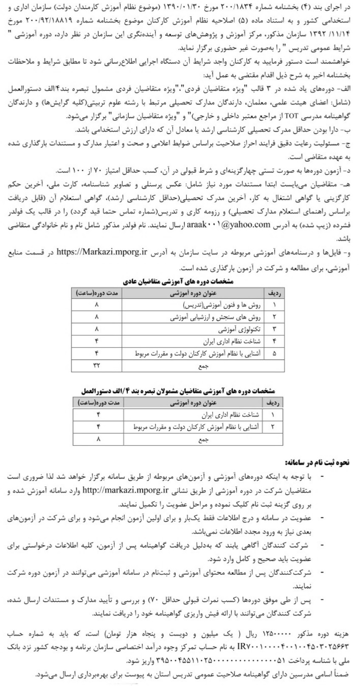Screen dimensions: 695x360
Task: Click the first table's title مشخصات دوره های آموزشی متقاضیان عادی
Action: [178, 281]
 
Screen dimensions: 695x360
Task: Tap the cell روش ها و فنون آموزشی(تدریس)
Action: [230, 305]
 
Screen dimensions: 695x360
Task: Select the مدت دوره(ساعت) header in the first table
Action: [98, 293]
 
